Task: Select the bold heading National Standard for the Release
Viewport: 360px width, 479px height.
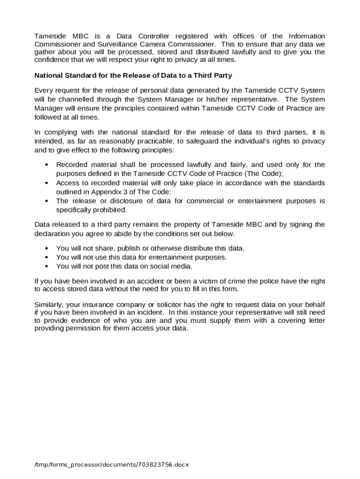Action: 133,75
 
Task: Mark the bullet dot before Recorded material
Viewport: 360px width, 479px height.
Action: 47,165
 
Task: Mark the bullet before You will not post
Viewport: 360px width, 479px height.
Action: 47,266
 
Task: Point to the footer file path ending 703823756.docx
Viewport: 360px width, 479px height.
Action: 111,465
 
